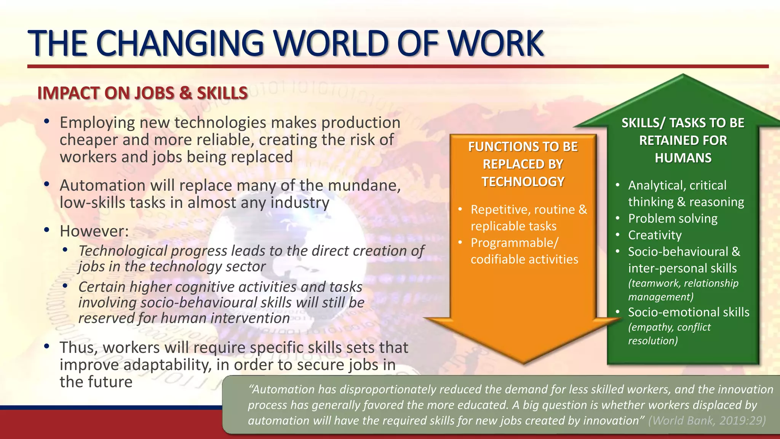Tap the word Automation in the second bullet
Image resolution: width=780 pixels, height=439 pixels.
102,186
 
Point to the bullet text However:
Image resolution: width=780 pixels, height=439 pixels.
94,231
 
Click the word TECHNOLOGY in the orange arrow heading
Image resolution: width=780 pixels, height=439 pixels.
523,182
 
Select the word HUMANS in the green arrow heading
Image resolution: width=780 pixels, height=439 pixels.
683,158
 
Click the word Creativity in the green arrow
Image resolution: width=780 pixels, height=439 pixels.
655,235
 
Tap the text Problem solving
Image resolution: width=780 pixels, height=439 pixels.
673,218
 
